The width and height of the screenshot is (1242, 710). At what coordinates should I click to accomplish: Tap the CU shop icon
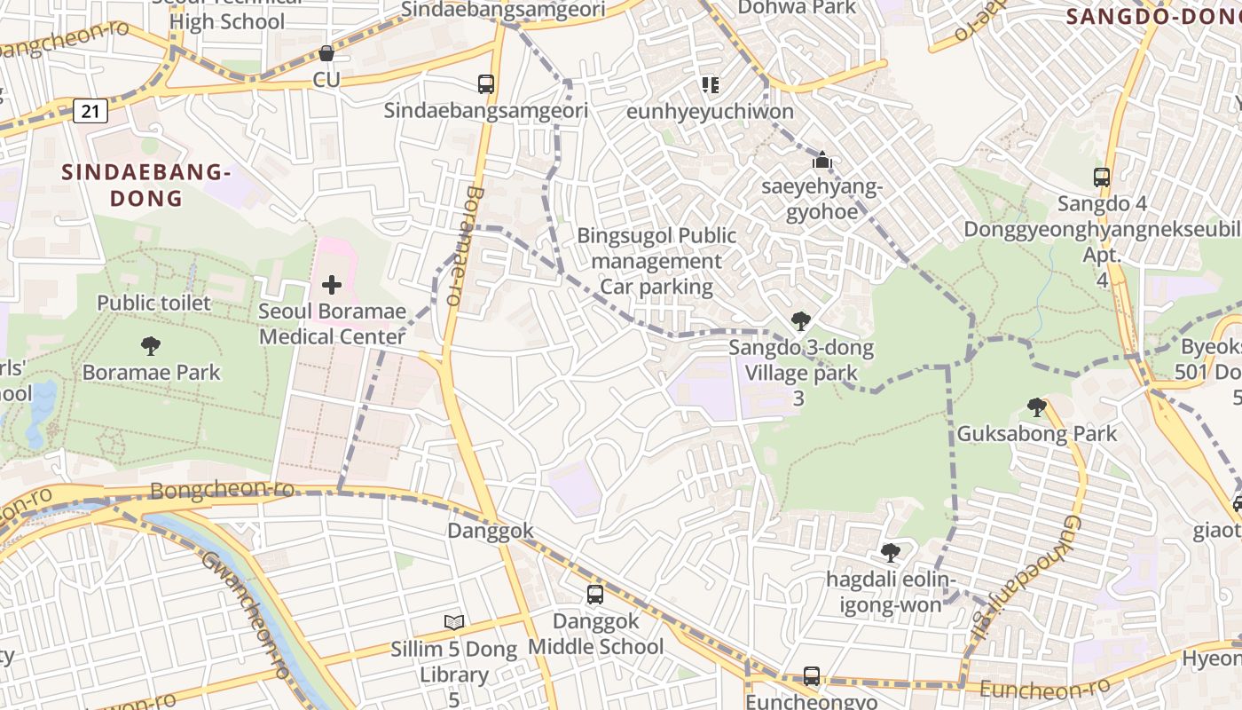pyautogui.click(x=326, y=54)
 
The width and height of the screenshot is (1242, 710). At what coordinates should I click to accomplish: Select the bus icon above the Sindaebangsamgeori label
pyautogui.click(x=486, y=84)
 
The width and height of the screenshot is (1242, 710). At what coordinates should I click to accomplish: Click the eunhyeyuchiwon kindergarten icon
pyautogui.click(x=710, y=85)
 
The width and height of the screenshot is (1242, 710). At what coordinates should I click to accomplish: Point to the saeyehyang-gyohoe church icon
pyautogui.click(x=822, y=161)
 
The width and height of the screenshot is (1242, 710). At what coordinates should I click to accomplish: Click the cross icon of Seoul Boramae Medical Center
pyautogui.click(x=332, y=285)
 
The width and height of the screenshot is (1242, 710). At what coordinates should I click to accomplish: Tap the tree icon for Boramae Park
pyautogui.click(x=151, y=345)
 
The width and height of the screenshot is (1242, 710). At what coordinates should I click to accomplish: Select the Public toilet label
pyautogui.click(x=154, y=304)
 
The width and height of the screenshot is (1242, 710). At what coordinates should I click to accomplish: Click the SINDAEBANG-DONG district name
pyautogui.click(x=146, y=185)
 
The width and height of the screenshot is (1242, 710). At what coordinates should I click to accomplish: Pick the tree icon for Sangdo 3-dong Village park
pyautogui.click(x=800, y=320)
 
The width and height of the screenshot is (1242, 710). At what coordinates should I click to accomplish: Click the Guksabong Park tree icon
pyautogui.click(x=1036, y=407)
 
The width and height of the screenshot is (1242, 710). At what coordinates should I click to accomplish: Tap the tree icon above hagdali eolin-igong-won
pyautogui.click(x=891, y=553)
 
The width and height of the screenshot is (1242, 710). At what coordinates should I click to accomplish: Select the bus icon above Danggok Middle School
pyautogui.click(x=595, y=594)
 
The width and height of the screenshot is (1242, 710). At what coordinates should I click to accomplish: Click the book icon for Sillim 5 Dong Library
pyautogui.click(x=454, y=622)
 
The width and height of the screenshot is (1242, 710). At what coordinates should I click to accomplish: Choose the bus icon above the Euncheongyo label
pyautogui.click(x=812, y=675)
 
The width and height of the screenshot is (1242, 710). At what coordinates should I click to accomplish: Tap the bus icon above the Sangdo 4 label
pyautogui.click(x=1102, y=177)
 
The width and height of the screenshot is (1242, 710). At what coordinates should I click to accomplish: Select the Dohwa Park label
pyautogui.click(x=798, y=8)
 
